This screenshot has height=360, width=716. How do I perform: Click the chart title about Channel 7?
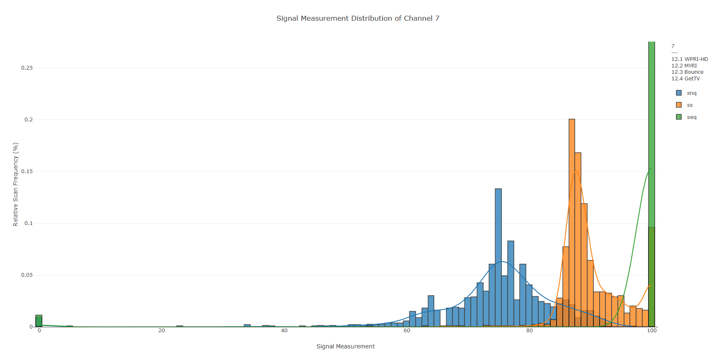358,18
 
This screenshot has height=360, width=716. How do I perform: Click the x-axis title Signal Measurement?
346,346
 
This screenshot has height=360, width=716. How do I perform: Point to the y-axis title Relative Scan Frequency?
16,184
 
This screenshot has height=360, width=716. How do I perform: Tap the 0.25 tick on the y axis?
27,68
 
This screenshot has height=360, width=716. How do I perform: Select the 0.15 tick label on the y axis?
27,172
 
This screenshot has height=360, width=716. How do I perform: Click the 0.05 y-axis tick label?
27,275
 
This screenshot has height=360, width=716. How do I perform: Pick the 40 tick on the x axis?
284,331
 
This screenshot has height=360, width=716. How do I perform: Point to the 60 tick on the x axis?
407,331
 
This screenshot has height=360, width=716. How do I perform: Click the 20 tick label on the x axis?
162,331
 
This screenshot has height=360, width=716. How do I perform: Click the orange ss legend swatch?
679,105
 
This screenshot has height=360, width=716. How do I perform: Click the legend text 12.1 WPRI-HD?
689,59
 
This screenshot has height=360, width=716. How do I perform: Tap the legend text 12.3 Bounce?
687,72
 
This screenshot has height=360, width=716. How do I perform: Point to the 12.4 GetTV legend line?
685,79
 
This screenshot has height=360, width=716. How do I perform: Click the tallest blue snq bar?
498,257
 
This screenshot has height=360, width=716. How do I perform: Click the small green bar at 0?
39,321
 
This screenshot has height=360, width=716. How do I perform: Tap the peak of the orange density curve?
576,171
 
